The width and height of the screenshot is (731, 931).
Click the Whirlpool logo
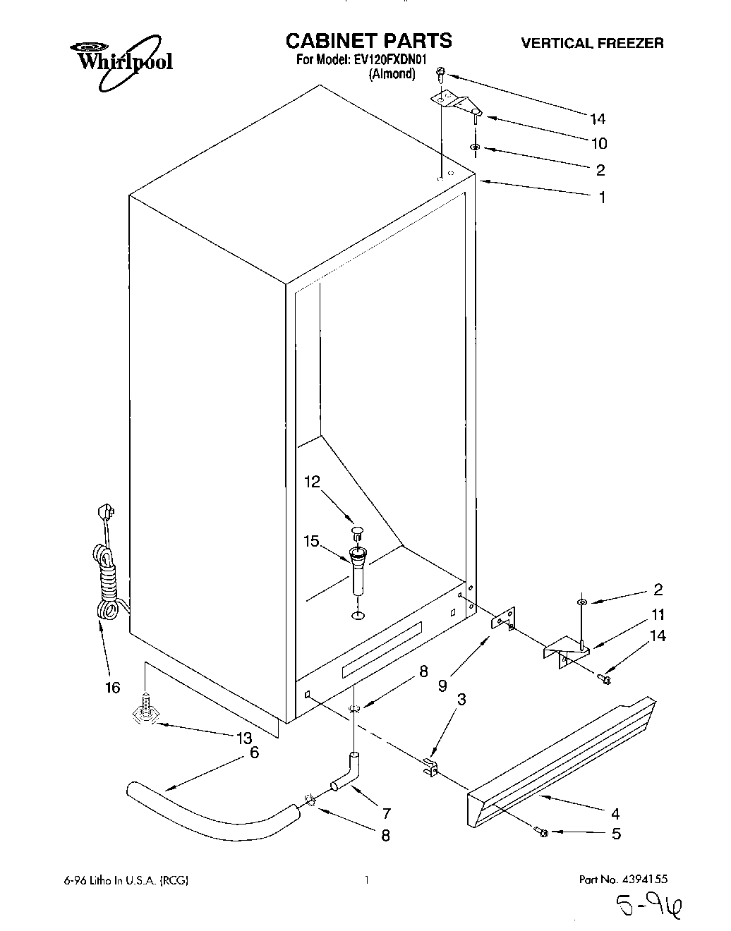click(123, 62)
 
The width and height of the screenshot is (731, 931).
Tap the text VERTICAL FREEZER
click(591, 43)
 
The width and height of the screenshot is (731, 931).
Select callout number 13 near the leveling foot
click(243, 738)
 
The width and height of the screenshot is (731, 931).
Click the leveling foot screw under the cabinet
click(145, 712)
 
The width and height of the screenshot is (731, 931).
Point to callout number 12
click(312, 482)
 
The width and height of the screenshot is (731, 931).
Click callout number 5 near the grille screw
click(615, 834)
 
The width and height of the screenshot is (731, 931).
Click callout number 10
click(598, 144)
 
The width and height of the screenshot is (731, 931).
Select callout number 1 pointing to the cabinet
click(602, 198)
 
